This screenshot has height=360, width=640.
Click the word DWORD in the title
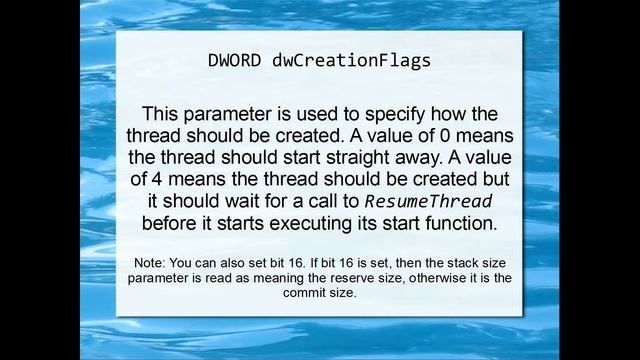coord(237,60)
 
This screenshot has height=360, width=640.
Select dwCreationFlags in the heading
coord(351,60)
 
